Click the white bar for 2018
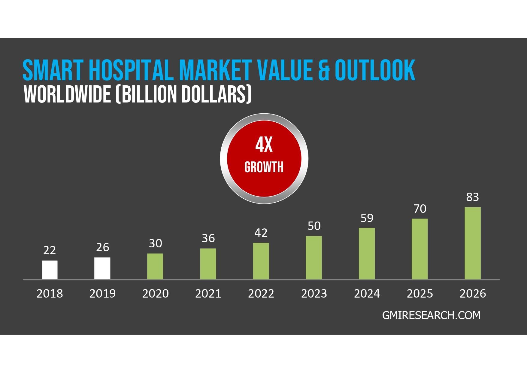click(x=50, y=270)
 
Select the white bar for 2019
click(x=102, y=268)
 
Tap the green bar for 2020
click(x=155, y=266)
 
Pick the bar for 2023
click(x=314, y=258)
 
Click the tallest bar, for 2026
click(x=473, y=243)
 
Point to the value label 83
click(x=473, y=197)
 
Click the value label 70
click(x=420, y=209)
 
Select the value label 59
click(x=367, y=218)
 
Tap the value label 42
click(x=261, y=233)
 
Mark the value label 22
click(x=50, y=250)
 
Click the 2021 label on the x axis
click(x=208, y=294)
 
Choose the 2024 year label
click(x=367, y=294)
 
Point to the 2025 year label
click(x=420, y=294)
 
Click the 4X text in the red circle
click(x=264, y=145)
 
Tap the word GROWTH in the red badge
click(x=264, y=167)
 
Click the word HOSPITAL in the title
click(x=131, y=70)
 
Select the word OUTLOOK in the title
click(x=375, y=70)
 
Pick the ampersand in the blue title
click(x=324, y=71)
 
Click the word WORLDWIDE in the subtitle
click(x=67, y=94)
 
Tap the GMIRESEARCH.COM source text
click(x=431, y=315)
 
